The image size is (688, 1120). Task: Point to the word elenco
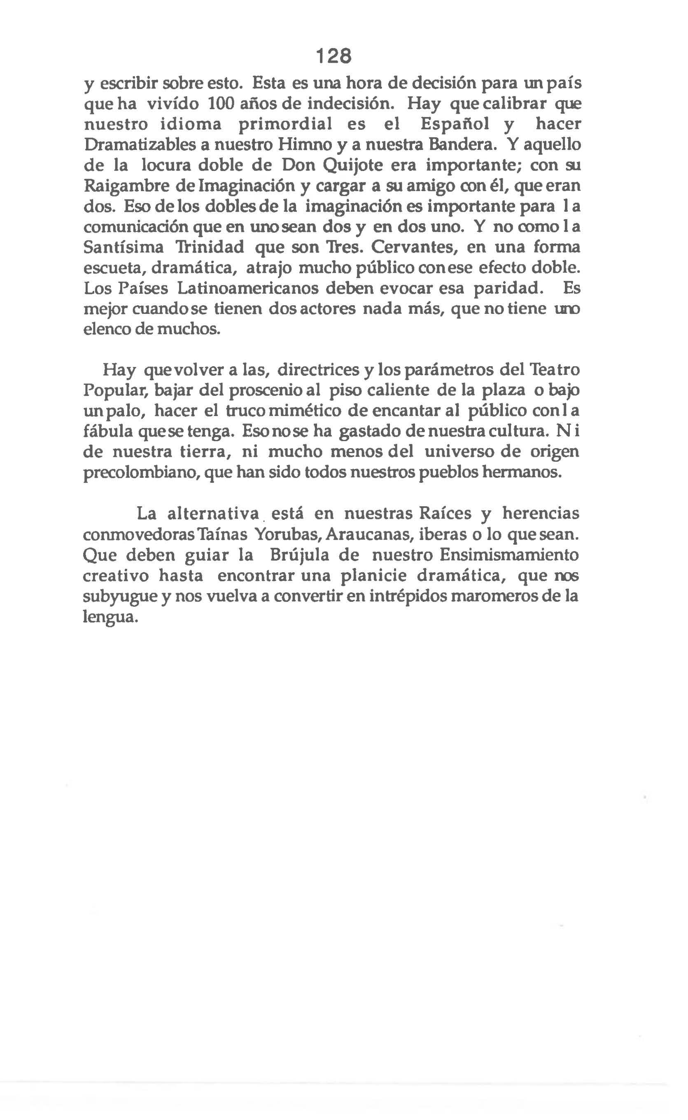tap(107, 329)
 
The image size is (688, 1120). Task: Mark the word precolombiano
tap(142, 473)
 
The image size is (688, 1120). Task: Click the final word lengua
tap(109, 617)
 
